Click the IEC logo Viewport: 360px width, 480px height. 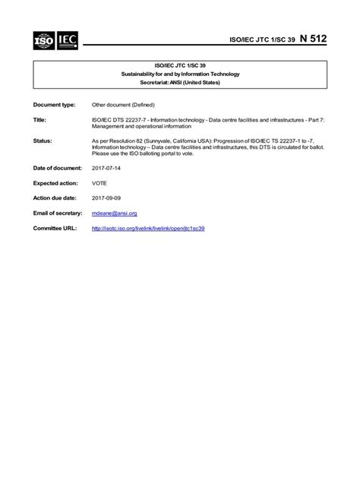[x=66, y=39]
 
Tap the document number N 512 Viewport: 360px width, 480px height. [x=314, y=39]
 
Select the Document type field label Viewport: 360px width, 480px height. [x=54, y=103]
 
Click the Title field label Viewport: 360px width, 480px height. [x=40, y=120]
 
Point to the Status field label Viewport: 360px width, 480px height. [x=43, y=141]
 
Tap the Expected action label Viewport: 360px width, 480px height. [x=56, y=183]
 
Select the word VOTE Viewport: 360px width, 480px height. [x=99, y=183]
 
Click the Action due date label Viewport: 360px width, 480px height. [x=55, y=198]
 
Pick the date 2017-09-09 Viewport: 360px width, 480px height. [x=106, y=198]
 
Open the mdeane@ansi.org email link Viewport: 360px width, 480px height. [x=114, y=213]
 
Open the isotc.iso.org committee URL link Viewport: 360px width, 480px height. [x=148, y=228]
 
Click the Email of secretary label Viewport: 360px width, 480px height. [x=58, y=213]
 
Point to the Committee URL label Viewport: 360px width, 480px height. [x=53, y=228]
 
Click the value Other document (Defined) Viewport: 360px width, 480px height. [x=123, y=103]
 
